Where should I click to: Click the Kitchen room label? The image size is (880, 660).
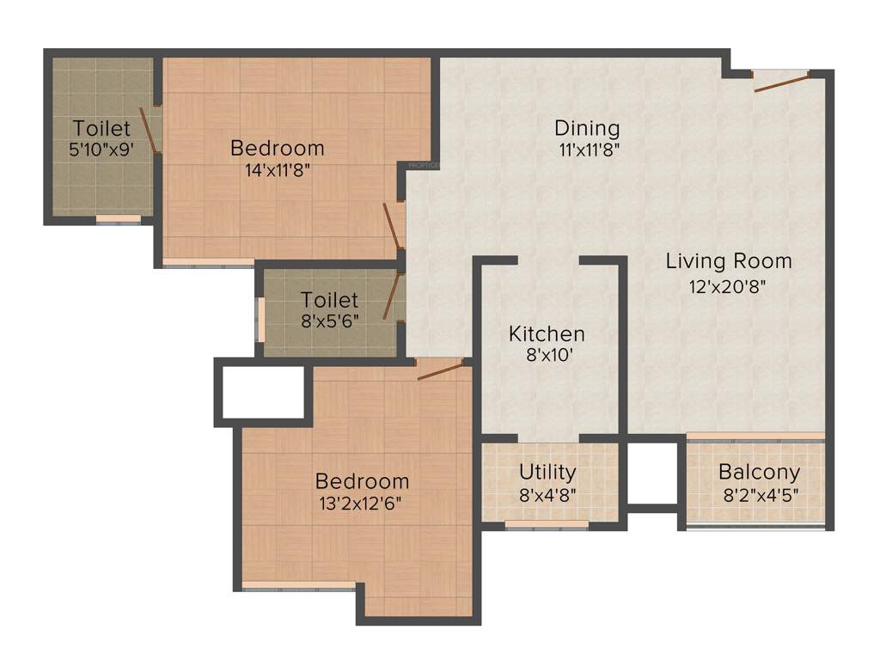pyautogui.click(x=547, y=333)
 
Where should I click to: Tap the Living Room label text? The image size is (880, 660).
pyautogui.click(x=729, y=260)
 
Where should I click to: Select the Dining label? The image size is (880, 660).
pyautogui.click(x=587, y=128)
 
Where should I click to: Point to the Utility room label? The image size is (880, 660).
pyautogui.click(x=547, y=472)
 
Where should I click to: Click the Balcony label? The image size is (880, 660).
pyautogui.click(x=759, y=472)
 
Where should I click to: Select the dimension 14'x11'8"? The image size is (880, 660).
pyautogui.click(x=277, y=170)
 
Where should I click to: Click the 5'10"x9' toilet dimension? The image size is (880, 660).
pyautogui.click(x=101, y=150)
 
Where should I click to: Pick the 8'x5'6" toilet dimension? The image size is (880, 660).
pyautogui.click(x=330, y=321)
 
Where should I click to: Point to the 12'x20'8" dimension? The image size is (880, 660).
pyautogui.click(x=727, y=285)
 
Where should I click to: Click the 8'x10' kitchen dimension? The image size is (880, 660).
pyautogui.click(x=547, y=356)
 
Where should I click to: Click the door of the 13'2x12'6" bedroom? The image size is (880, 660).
pyautogui.click(x=440, y=370)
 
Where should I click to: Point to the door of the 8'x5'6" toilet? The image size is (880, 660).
pyautogui.click(x=391, y=296)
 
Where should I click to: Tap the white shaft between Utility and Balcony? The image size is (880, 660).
pyautogui.click(x=653, y=474)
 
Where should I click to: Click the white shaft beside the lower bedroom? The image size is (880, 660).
pyautogui.click(x=263, y=392)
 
